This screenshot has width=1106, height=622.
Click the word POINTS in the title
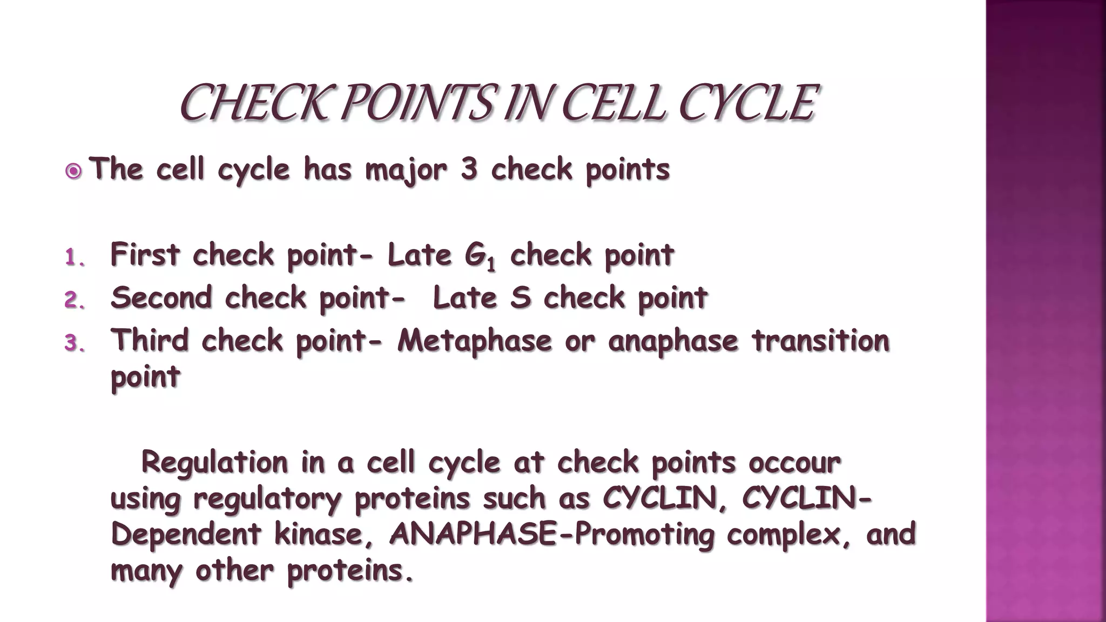(x=416, y=103)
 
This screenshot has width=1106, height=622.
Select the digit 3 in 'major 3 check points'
(x=469, y=169)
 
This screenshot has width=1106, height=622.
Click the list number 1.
(x=75, y=258)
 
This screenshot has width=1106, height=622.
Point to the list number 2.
(x=75, y=300)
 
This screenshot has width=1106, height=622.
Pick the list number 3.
(x=75, y=343)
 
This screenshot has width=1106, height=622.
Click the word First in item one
(x=145, y=254)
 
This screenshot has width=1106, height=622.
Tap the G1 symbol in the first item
(x=480, y=256)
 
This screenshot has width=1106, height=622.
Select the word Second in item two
(x=161, y=298)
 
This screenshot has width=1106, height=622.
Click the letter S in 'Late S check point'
(x=520, y=298)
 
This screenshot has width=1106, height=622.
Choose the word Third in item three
(x=150, y=340)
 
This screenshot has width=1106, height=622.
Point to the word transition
(x=820, y=340)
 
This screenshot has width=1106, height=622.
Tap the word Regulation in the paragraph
(x=214, y=462)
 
